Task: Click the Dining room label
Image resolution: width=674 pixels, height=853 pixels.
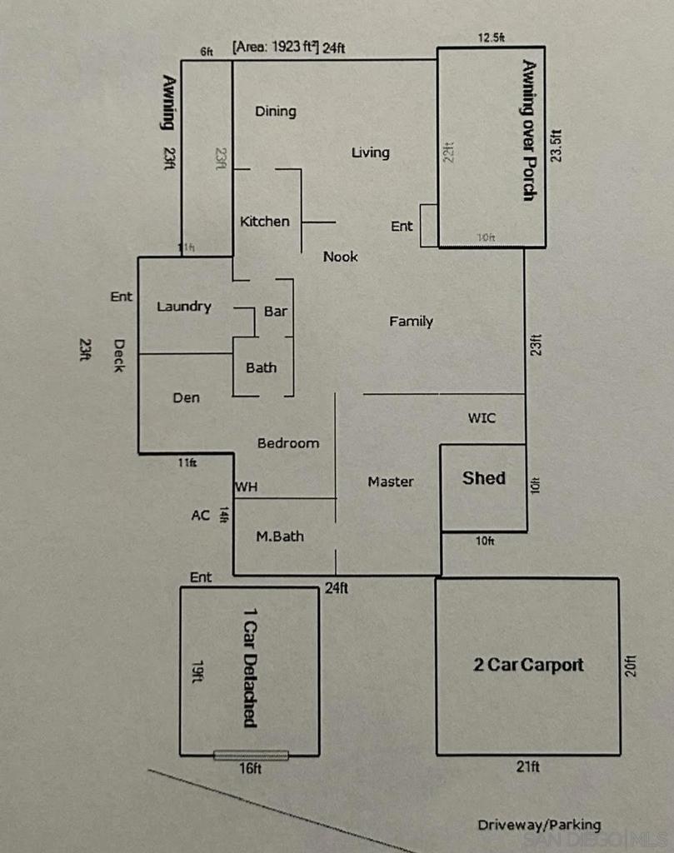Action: pyautogui.click(x=275, y=112)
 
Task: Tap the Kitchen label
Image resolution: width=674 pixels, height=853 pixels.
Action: pyautogui.click(x=265, y=222)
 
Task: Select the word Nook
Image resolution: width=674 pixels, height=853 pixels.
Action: pyautogui.click(x=341, y=257)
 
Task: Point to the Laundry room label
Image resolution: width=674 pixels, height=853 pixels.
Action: pyautogui.click(x=184, y=307)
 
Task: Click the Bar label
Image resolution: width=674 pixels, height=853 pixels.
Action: pyautogui.click(x=276, y=312)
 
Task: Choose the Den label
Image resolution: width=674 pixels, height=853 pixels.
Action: pyautogui.click(x=187, y=398)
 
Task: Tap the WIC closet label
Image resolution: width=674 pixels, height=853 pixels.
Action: pyautogui.click(x=482, y=418)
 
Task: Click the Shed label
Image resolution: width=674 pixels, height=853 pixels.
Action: pyautogui.click(x=484, y=478)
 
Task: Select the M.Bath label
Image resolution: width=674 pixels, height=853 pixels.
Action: pyautogui.click(x=279, y=536)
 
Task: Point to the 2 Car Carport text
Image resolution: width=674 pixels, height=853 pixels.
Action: pyautogui.click(x=528, y=665)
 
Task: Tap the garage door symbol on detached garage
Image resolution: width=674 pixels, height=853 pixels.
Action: pyautogui.click(x=251, y=756)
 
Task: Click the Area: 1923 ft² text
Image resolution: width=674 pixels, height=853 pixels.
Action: pyautogui.click(x=277, y=47)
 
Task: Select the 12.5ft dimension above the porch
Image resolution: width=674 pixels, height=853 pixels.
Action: pyautogui.click(x=492, y=37)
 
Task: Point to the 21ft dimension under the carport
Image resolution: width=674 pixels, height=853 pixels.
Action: pyautogui.click(x=528, y=766)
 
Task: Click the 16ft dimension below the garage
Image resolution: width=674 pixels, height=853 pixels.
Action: pyautogui.click(x=251, y=769)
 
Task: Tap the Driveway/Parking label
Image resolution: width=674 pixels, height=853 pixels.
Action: pyautogui.click(x=539, y=825)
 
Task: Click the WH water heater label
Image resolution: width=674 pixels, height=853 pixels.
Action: pyautogui.click(x=246, y=486)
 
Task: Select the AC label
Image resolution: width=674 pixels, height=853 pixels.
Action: pyautogui.click(x=201, y=516)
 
